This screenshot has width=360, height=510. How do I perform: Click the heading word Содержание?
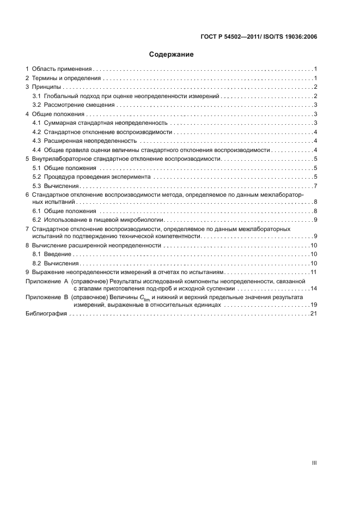point(172,54)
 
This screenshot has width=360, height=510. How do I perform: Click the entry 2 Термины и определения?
point(63,78)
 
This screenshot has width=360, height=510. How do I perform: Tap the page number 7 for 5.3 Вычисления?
point(315,186)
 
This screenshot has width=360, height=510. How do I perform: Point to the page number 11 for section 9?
point(314,272)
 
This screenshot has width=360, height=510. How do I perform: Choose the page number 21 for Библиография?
point(314,314)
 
